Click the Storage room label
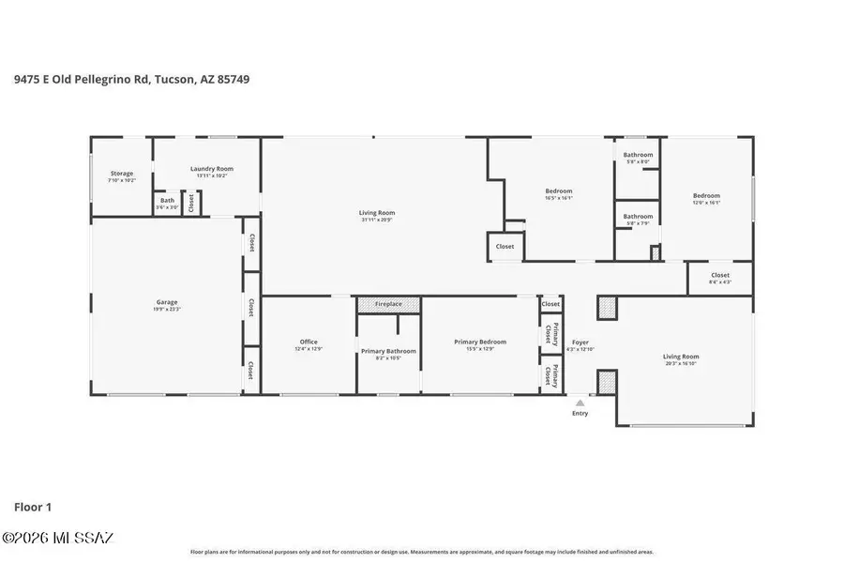tap(122, 174)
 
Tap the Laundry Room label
tap(212, 169)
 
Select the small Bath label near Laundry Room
tap(167, 200)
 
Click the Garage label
tap(167, 303)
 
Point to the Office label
tap(309, 342)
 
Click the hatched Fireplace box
tap(388, 305)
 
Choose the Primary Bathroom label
tap(388, 351)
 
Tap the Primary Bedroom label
tap(480, 342)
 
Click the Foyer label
tap(580, 342)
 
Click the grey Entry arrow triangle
tap(580, 403)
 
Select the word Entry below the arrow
tap(580, 413)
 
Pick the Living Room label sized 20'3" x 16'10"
tap(681, 357)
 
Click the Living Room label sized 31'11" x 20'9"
tap(377, 213)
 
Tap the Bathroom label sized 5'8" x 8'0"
tap(639, 155)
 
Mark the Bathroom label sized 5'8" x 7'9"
tap(639, 217)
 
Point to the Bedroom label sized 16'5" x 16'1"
tap(559, 191)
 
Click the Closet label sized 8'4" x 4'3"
tap(720, 276)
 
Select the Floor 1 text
tap(33, 507)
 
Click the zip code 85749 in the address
tap(234, 80)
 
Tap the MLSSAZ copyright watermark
tap(58, 538)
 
